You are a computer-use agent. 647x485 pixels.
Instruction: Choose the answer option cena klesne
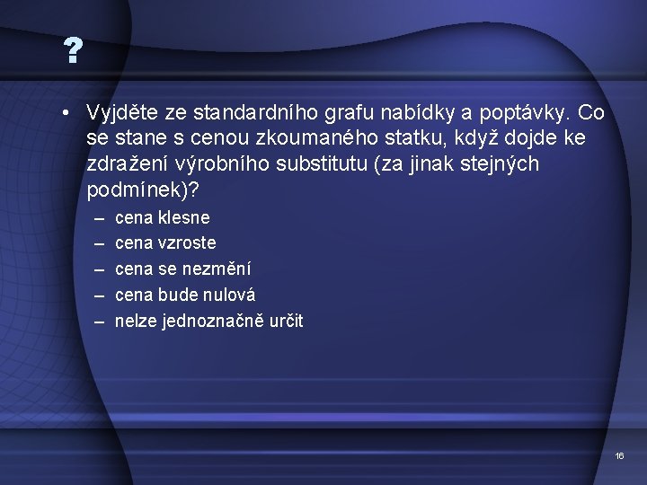[x=162, y=217]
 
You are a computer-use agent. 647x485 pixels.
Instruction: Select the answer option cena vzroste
[x=165, y=243]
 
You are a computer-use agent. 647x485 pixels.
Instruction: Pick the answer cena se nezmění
[x=183, y=269]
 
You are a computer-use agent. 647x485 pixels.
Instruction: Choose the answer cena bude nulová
[x=185, y=295]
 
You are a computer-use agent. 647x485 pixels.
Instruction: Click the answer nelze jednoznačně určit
[x=208, y=321]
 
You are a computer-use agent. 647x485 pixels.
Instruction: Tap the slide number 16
[x=619, y=457]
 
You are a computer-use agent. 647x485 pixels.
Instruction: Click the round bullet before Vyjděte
[x=67, y=113]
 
